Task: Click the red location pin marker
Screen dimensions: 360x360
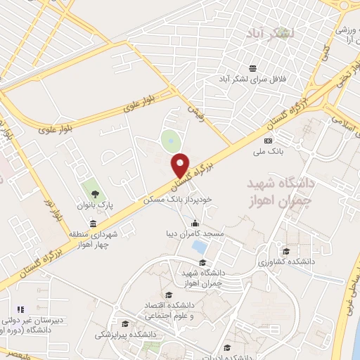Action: (x=181, y=166)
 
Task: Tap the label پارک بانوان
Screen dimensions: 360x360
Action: (x=96, y=204)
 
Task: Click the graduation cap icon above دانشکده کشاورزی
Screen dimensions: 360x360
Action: (x=285, y=251)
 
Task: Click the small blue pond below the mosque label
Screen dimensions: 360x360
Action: (x=200, y=247)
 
